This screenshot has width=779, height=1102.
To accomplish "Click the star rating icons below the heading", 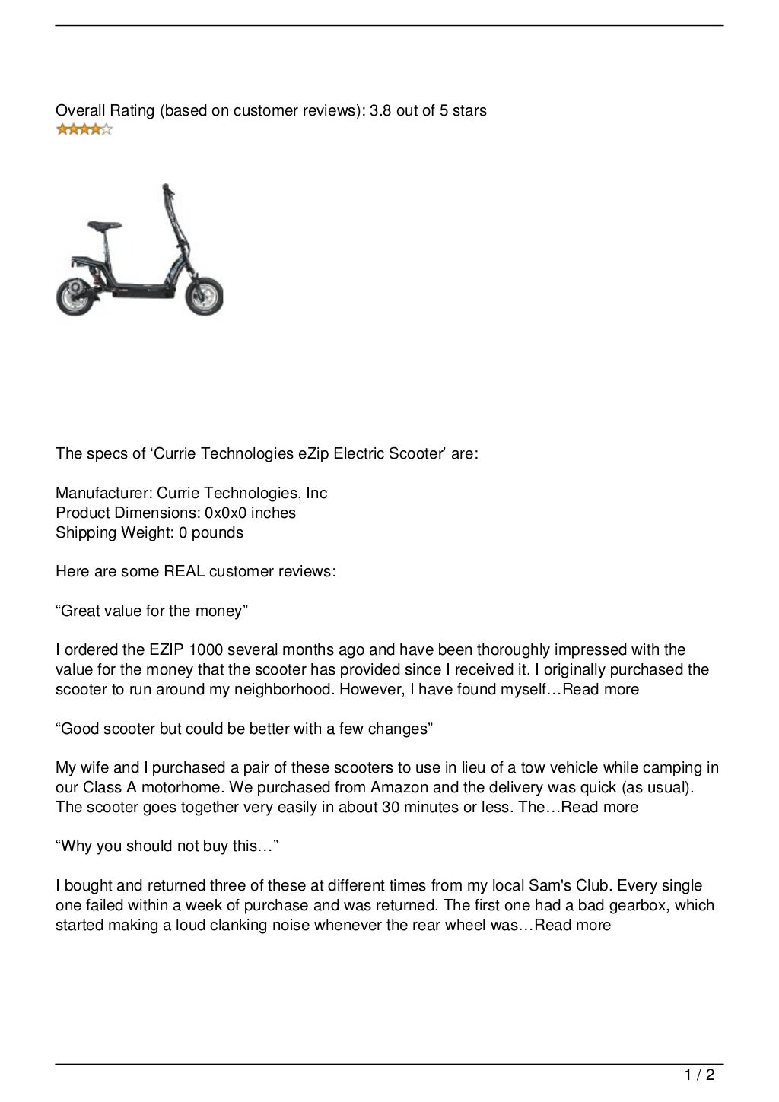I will (84, 130).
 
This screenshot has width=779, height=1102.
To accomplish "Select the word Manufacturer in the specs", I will (103, 494).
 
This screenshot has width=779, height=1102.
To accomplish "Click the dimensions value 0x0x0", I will (227, 513).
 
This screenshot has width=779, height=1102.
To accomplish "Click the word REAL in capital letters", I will (184, 572).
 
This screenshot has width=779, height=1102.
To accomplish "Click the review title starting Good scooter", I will (244, 729).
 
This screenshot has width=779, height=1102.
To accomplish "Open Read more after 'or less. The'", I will (599, 808).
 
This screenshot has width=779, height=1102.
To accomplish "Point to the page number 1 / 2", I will (698, 1075).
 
